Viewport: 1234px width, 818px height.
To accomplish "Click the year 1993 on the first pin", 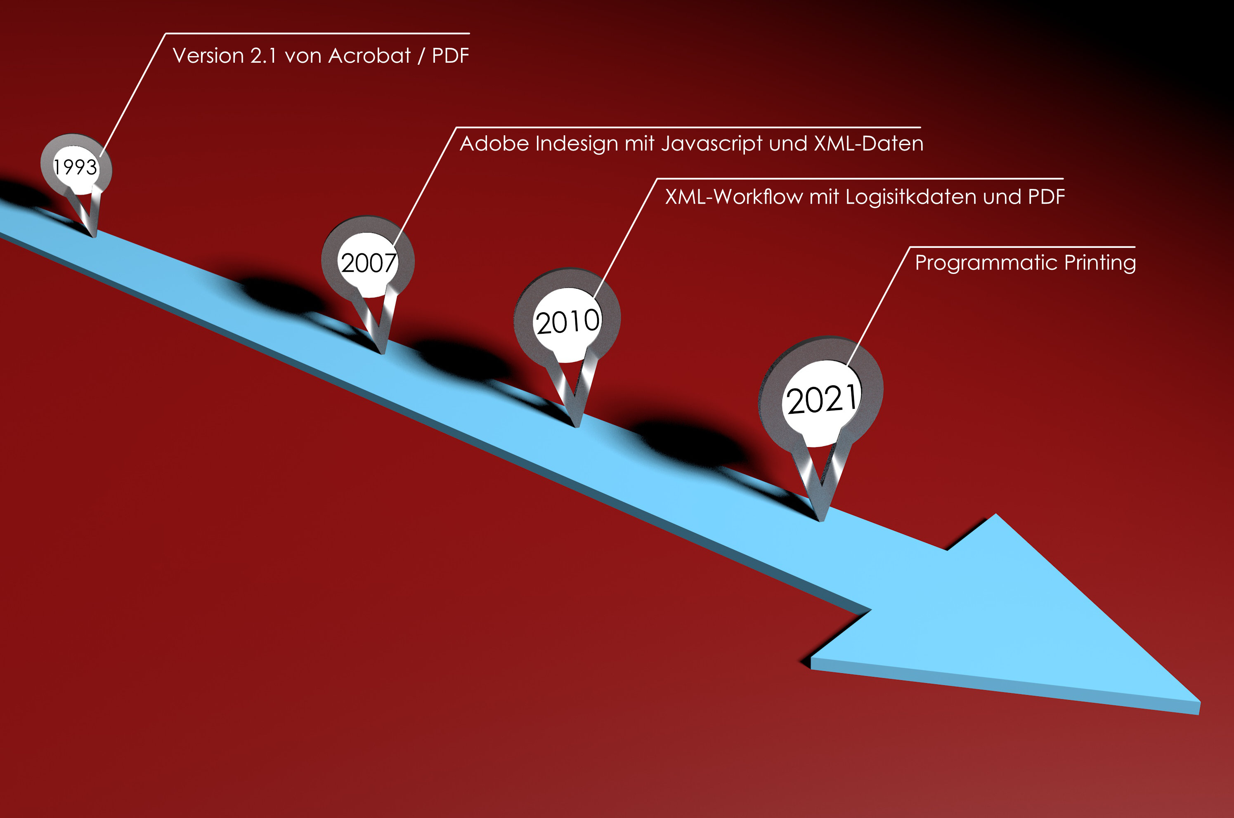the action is tap(75, 167).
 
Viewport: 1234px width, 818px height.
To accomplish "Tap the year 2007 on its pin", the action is tap(369, 262).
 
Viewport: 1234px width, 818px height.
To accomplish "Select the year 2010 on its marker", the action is tap(568, 322).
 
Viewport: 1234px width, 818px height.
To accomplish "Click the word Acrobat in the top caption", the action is tap(369, 56).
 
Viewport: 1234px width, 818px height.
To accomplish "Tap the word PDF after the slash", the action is tap(450, 56).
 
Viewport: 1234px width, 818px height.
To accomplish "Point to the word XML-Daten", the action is tap(869, 144).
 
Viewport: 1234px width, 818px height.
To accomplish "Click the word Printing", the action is tap(1100, 263).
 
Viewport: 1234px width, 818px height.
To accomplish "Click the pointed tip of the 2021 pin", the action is tap(821, 520).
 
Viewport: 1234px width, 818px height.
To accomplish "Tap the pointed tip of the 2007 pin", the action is tap(383, 353).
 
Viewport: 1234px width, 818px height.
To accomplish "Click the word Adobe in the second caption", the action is tap(494, 144).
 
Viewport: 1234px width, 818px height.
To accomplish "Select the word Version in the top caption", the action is tap(208, 56).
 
